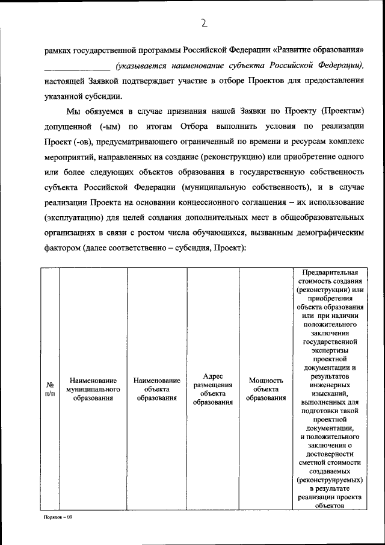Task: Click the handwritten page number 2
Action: click(x=204, y=23)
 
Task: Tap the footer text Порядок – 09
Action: click(x=58, y=517)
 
